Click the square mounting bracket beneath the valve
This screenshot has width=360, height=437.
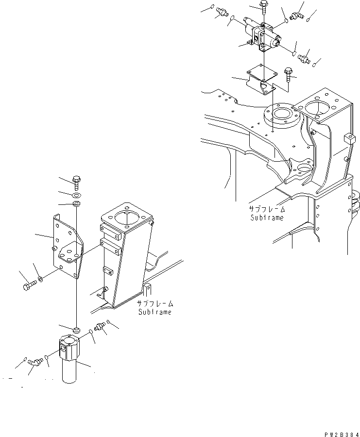pyautogui.click(x=261, y=75)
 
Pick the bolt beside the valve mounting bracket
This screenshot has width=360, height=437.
pyautogui.click(x=288, y=74)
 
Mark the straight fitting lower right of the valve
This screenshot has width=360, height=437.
pyautogui.click(x=305, y=57)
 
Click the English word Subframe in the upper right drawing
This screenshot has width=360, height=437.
pyautogui.click(x=267, y=218)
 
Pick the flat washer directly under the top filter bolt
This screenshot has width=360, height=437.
pyautogui.click(x=76, y=194)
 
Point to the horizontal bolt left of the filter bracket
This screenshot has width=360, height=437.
pyautogui.click(x=29, y=285)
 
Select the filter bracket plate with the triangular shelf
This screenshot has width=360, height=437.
pyautogui.click(x=66, y=245)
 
